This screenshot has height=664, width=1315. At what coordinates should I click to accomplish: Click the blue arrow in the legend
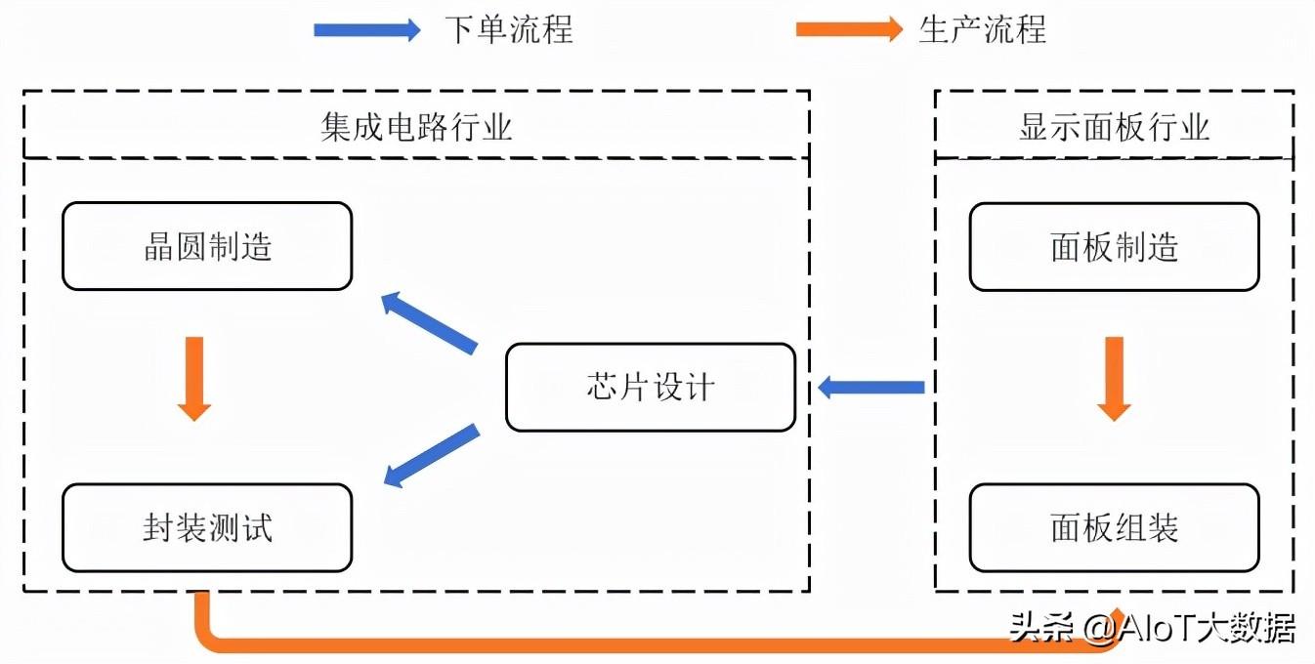click(366, 30)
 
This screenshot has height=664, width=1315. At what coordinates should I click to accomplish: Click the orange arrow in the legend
click(849, 30)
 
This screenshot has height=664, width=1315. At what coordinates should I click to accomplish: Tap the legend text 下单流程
click(508, 30)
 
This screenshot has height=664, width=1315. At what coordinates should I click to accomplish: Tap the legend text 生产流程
click(982, 30)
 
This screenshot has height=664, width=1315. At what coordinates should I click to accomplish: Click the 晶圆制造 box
click(207, 246)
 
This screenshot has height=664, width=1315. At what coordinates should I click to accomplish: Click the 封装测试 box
click(207, 528)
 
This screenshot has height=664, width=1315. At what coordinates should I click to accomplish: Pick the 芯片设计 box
click(651, 388)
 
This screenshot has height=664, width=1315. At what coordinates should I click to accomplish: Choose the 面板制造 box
click(1114, 246)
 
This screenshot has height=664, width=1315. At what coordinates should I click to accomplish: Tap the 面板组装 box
click(1114, 528)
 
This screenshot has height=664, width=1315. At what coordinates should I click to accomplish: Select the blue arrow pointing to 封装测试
click(430, 455)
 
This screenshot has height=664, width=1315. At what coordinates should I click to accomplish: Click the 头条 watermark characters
click(1039, 628)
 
